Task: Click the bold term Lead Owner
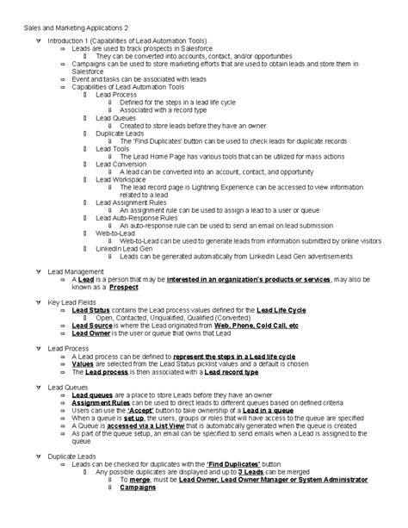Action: pyautogui.click(x=92, y=334)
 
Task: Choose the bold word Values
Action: pyautogui.click(x=83, y=364)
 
